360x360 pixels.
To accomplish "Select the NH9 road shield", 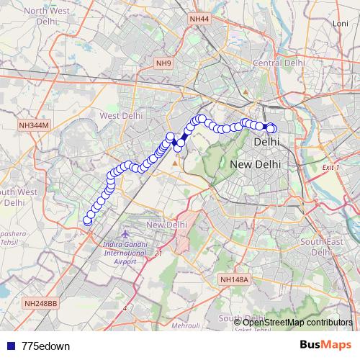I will point(164,64).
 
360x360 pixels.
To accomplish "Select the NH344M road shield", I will point(33,125).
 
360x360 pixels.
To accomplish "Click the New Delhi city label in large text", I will point(256,165).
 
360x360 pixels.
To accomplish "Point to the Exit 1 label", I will point(330,168).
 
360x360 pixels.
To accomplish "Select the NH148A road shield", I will point(234,279).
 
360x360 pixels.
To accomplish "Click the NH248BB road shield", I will point(40,304).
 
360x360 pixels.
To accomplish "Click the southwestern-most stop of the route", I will point(88,221).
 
